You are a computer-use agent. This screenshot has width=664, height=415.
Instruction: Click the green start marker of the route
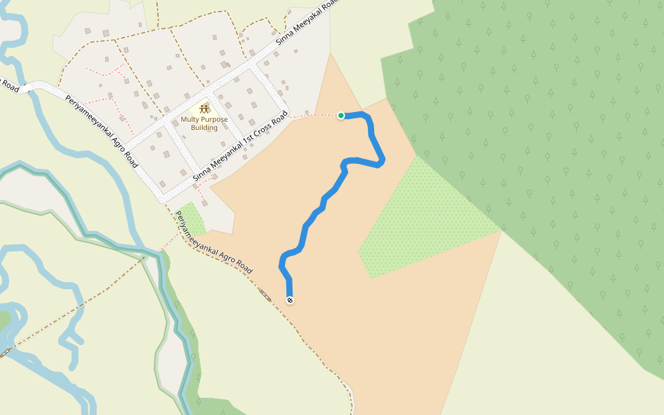point(341,116)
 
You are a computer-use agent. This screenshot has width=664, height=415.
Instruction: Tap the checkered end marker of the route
point(290,300)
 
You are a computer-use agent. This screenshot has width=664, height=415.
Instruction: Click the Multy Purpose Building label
point(199,123)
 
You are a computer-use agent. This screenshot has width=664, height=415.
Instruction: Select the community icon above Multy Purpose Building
point(204,108)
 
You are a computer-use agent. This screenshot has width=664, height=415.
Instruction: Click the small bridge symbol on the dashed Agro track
point(265,295)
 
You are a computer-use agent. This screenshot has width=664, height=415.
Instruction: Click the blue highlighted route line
point(324,201)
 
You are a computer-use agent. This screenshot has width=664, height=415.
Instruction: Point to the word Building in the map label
point(199,128)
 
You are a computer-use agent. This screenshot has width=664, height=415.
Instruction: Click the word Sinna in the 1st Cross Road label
point(201,173)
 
